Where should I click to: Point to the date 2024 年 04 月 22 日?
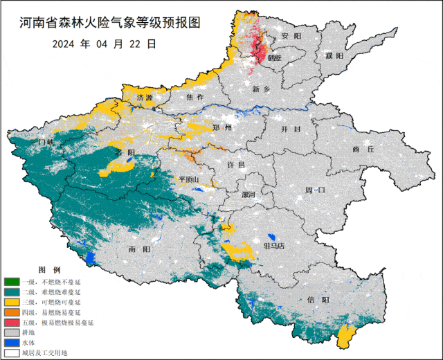(104, 43)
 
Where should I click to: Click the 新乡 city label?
(261, 89)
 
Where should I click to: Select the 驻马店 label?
(277, 245)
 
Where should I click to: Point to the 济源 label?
(144, 98)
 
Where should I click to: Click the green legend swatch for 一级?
(12, 282)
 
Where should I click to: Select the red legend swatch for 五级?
(12, 323)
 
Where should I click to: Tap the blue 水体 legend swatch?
(12, 343)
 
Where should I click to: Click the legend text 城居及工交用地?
(46, 353)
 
